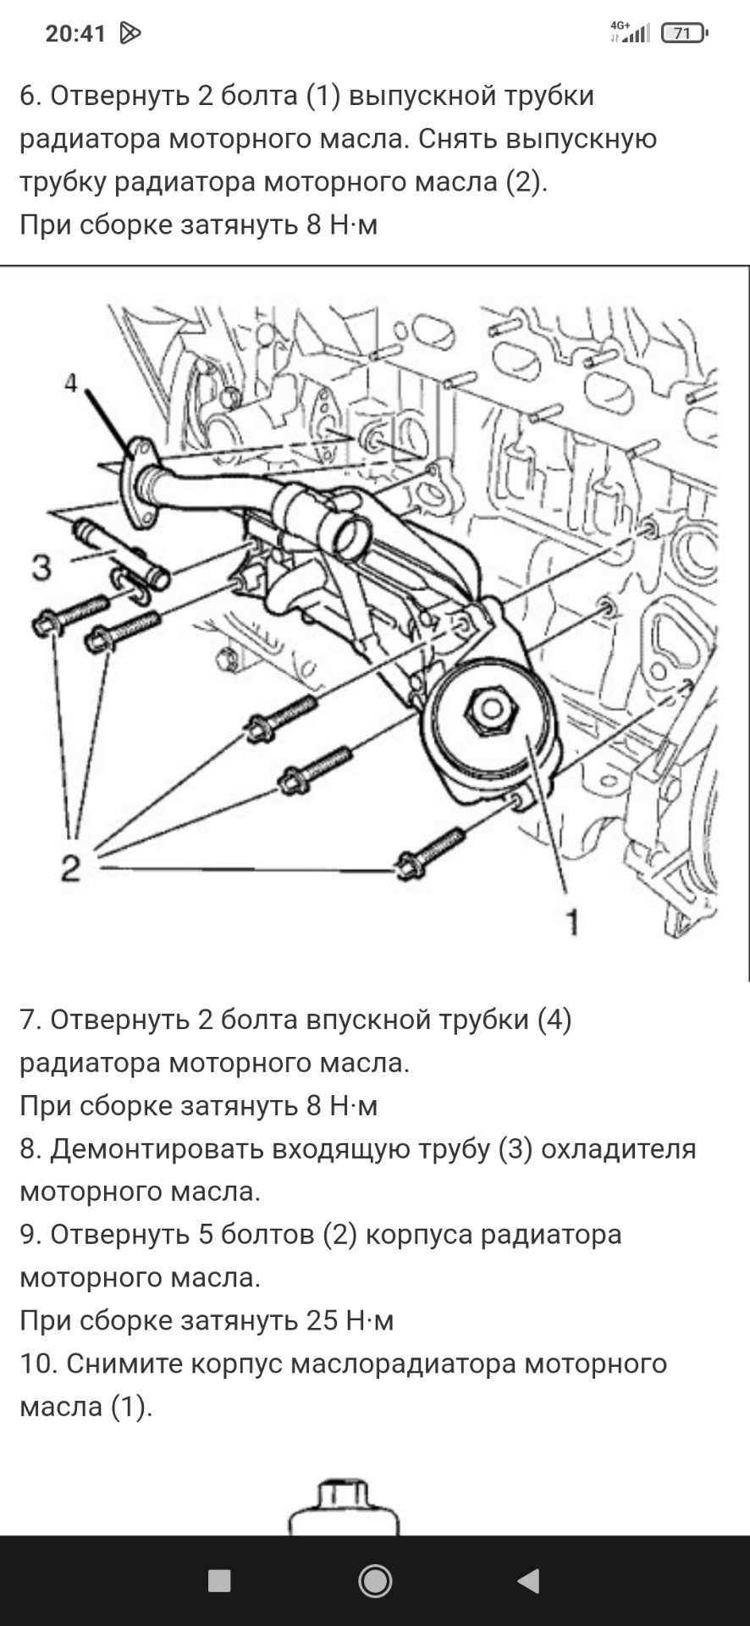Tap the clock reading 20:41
point(75,34)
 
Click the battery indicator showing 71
point(683,34)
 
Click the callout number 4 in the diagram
point(71,384)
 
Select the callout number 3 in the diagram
point(41,567)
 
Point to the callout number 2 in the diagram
point(70,867)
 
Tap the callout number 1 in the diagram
point(573,921)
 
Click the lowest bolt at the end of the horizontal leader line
point(428,854)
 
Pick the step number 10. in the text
point(38,1363)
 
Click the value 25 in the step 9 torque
point(323,1320)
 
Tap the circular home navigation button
point(375,1580)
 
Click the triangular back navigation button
point(528,1580)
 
